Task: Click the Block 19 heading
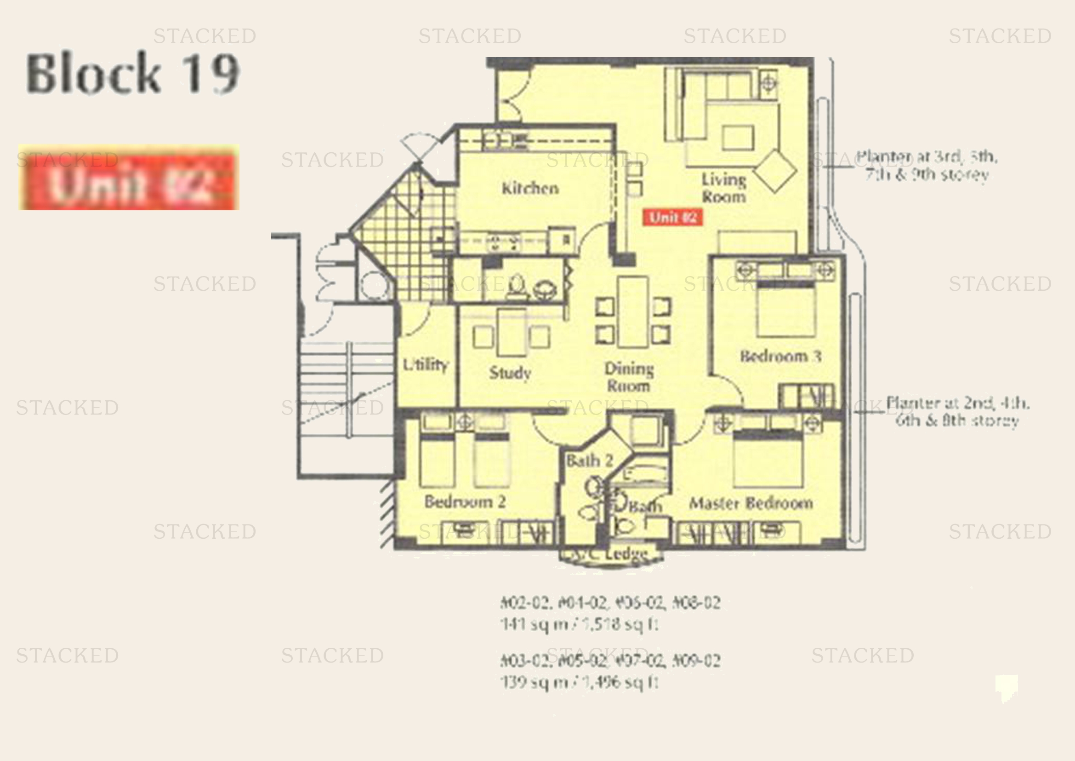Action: pos(133,74)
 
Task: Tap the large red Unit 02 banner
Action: pos(129,178)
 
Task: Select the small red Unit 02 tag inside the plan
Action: pos(673,218)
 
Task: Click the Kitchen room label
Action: pos(530,188)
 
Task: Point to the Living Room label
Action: pos(723,188)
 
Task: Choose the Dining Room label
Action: pos(628,377)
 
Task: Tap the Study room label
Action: pos(510,373)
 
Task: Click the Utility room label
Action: pos(425,364)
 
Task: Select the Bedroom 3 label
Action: pos(780,357)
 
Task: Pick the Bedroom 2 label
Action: pos(465,502)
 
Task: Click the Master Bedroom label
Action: pos(751,503)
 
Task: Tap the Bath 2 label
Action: pos(589,461)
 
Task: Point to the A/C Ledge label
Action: pos(611,555)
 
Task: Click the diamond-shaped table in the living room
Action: pos(774,171)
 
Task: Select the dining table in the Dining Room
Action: pos(632,312)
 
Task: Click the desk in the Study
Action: pos(511,333)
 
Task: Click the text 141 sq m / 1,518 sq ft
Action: pos(579,624)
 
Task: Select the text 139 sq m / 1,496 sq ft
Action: pos(579,682)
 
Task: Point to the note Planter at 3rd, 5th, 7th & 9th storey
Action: pos(927,166)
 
